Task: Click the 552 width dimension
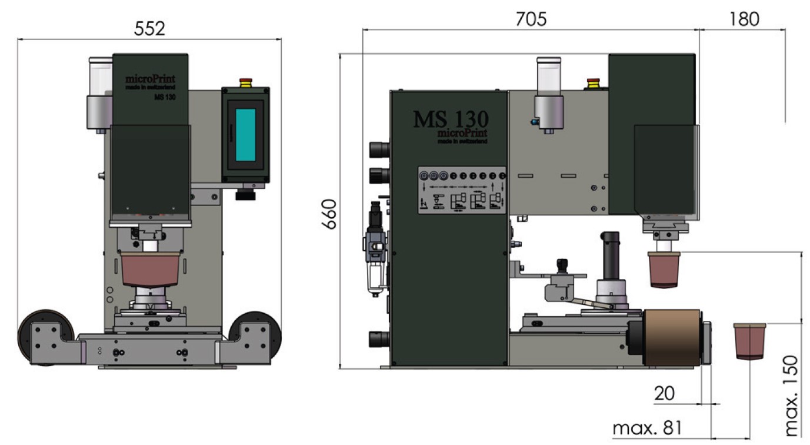click(149, 29)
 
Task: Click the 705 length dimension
click(531, 19)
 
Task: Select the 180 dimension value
click(744, 19)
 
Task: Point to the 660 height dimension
click(329, 214)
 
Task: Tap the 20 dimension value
click(664, 393)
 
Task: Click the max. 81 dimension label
click(647, 428)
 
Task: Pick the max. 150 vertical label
click(792, 396)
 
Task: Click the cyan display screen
click(245, 135)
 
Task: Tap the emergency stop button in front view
click(246, 83)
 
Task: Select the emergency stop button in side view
click(593, 84)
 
